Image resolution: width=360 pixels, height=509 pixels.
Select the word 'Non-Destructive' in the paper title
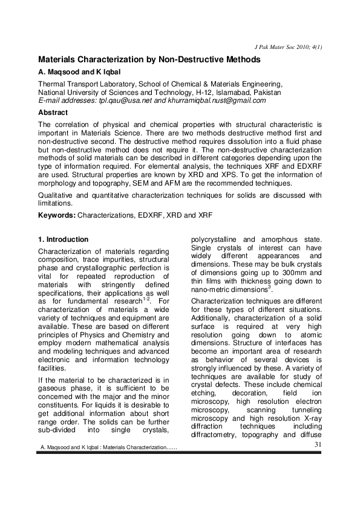pyautogui.click(x=223, y=60)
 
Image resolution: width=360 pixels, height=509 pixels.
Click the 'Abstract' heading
pyautogui.click(x=53, y=112)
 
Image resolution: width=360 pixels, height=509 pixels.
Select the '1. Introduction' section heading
pyautogui.click(x=63, y=239)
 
